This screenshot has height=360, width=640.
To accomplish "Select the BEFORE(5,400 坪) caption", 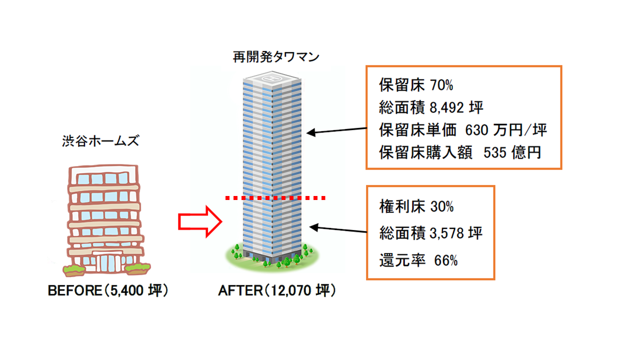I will coord(107,291).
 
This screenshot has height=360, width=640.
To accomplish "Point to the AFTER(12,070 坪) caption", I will coord(277,291).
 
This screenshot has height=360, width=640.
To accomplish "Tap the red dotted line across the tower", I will coord(275,198).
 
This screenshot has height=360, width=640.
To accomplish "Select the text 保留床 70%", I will coord(416,85).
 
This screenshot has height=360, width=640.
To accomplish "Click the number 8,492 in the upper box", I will coord(448,107).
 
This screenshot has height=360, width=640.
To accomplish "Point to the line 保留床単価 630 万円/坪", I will coord(463,130).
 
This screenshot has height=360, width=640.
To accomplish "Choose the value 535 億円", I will coord(512,152).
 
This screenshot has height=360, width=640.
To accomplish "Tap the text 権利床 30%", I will coord(416,206).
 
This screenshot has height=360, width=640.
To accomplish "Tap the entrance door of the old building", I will coord(105,264).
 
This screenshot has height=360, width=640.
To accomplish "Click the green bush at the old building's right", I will coord(137,269).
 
